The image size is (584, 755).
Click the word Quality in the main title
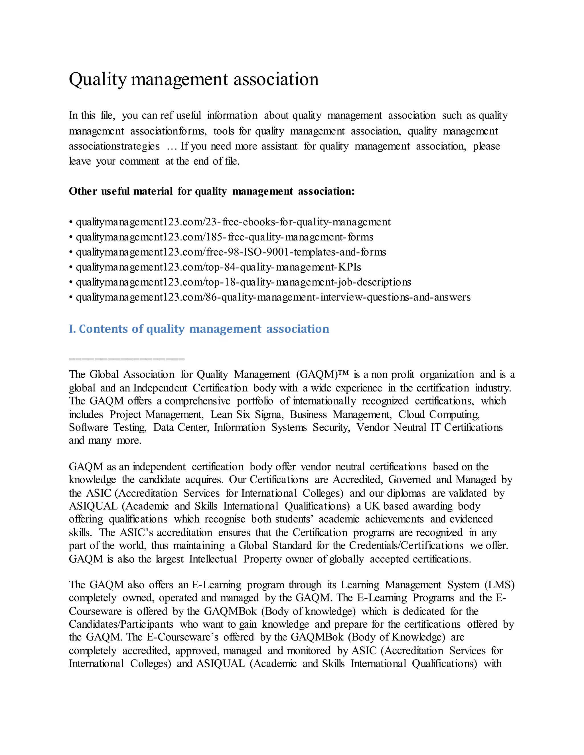98,79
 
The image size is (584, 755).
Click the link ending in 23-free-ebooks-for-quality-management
233,222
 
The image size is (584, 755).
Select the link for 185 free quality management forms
224,237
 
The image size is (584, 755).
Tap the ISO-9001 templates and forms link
231,252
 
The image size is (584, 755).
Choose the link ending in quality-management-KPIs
218,267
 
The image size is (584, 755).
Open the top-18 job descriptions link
243,282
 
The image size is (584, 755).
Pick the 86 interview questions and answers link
273,297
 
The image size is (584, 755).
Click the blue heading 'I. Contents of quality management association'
199,329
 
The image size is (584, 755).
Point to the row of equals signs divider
127,359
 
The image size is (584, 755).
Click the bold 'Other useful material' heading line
211,191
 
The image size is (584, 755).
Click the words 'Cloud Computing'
439,414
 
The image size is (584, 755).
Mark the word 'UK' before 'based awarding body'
372,506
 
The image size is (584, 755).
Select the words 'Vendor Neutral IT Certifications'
429,427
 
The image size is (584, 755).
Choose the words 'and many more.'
105,440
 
